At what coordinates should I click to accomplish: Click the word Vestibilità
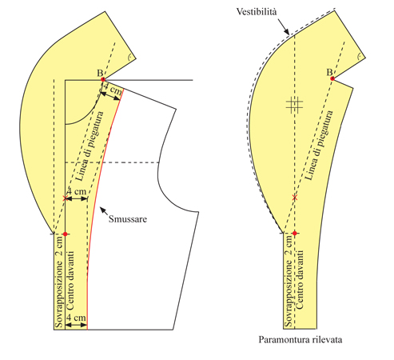(257, 12)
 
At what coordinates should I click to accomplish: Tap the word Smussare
(128, 219)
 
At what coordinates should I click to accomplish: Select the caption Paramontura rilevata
(300, 340)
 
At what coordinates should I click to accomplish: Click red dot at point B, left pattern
(103, 79)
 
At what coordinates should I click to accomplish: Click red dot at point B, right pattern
(332, 78)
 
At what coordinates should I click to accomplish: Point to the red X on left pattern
(65, 198)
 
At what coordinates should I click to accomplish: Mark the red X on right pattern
(294, 198)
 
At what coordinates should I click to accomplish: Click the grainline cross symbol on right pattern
(294, 104)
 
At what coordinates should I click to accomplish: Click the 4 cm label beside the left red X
(77, 191)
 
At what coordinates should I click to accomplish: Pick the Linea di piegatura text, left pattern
(90, 146)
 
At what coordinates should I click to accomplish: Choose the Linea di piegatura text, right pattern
(319, 146)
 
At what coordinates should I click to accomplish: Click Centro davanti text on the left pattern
(70, 280)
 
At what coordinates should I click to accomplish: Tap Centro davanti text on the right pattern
(299, 279)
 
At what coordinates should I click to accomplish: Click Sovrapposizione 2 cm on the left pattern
(59, 282)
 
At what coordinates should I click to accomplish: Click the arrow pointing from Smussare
(104, 211)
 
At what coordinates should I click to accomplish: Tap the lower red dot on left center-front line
(65, 234)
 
